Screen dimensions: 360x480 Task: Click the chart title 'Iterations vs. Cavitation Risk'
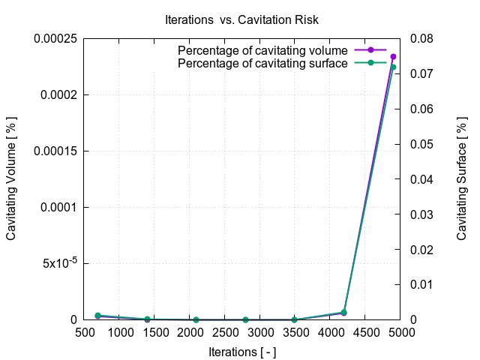point(240,18)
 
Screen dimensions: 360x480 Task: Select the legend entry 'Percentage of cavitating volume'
point(262,50)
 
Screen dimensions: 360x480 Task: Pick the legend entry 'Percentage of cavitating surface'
point(262,63)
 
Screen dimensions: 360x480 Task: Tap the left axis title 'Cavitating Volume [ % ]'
point(12,178)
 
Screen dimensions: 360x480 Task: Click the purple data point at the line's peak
point(393,57)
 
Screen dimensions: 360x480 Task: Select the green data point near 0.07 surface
point(393,67)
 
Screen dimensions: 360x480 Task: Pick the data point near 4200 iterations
point(343,312)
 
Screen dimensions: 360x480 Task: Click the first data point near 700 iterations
point(97,316)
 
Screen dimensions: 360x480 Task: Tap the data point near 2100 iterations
point(196,319)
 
